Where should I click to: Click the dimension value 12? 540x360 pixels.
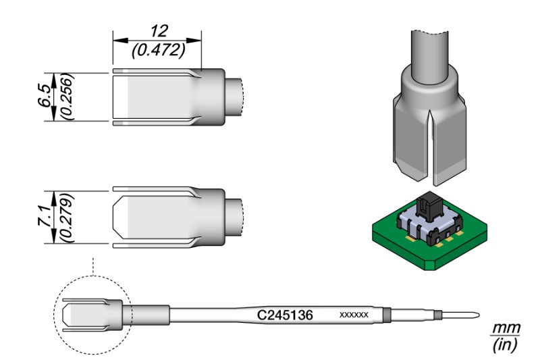tap(158, 31)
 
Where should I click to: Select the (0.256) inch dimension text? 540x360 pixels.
tap(66, 97)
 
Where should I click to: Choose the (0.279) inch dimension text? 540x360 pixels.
tap(66, 217)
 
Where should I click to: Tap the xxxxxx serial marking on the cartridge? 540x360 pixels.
tap(353, 315)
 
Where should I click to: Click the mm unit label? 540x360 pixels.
tap(506, 328)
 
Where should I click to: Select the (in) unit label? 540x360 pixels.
tap(506, 346)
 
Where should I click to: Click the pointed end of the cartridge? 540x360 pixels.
tap(475, 315)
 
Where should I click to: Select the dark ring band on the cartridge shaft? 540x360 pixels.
tap(387, 315)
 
